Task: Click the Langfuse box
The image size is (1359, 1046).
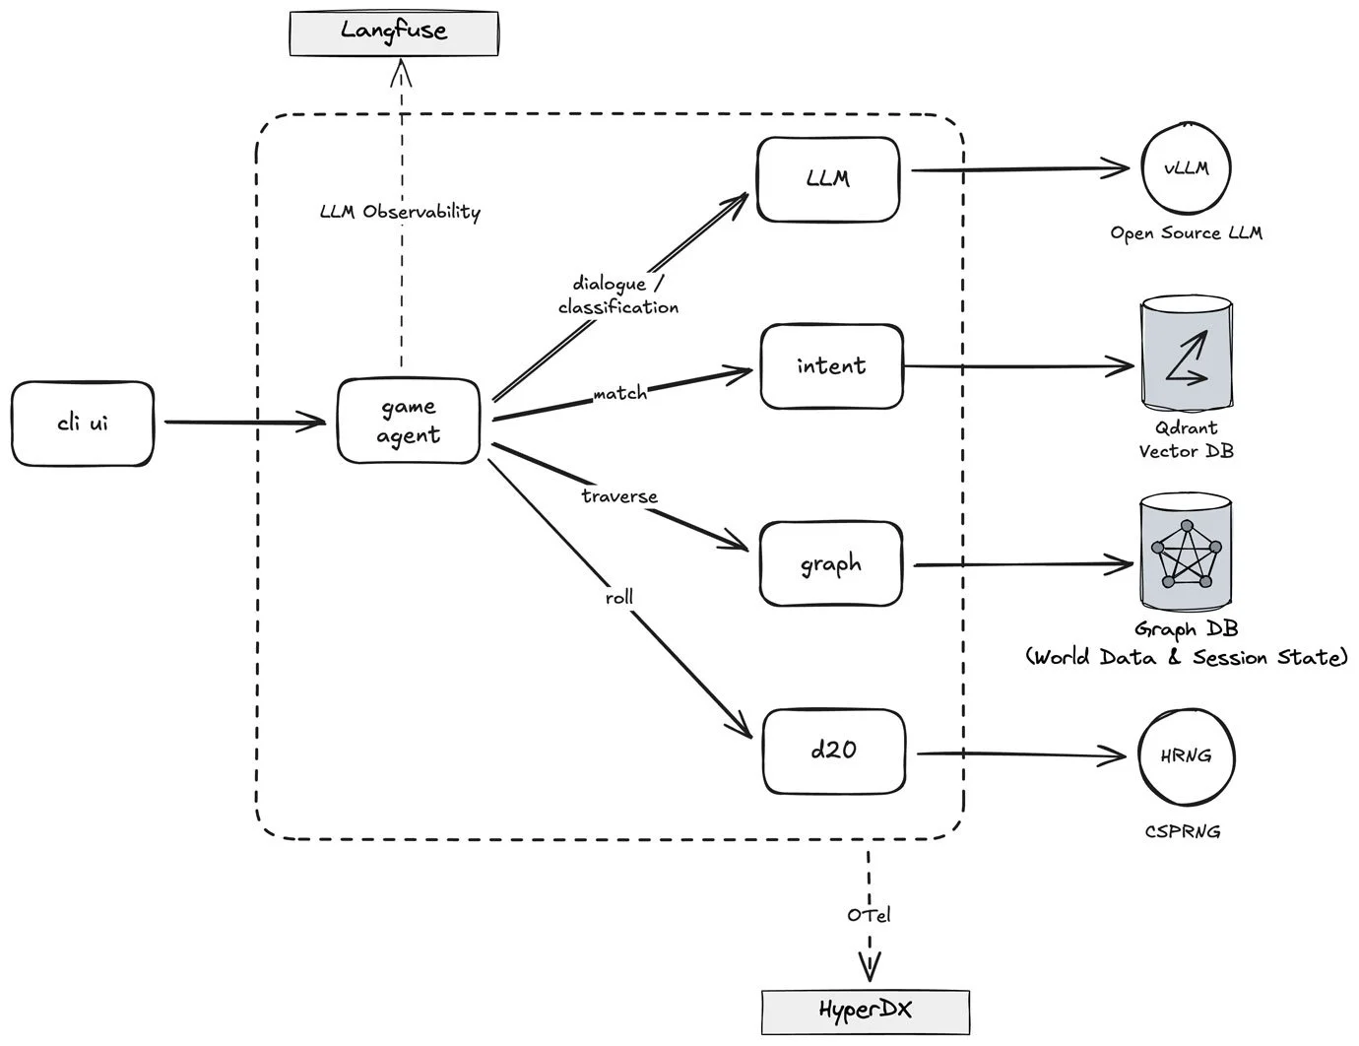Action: (394, 32)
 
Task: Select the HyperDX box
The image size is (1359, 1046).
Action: (866, 1012)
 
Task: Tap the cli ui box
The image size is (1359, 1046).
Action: (83, 424)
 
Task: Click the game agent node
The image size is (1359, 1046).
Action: (409, 422)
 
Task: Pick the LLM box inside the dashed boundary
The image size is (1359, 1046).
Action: (828, 179)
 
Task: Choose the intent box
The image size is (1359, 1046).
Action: (831, 366)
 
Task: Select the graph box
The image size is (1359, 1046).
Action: (831, 564)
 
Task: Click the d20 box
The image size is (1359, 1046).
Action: (833, 751)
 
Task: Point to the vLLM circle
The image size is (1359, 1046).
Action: (1187, 168)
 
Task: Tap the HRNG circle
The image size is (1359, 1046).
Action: (1186, 756)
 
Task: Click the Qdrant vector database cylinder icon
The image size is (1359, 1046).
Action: (1186, 357)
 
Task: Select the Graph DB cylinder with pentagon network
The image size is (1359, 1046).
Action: (1187, 554)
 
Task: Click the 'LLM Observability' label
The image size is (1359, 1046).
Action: (400, 212)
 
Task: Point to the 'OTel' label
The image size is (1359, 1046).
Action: (869, 915)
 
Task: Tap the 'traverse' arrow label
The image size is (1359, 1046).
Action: (619, 496)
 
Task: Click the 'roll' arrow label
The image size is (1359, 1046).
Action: (619, 597)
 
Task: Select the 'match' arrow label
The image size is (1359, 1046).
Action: (620, 394)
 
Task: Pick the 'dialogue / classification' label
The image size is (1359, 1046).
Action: (618, 295)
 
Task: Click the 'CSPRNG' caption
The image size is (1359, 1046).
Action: (1183, 831)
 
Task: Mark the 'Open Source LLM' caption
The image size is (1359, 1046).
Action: (1186, 233)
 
